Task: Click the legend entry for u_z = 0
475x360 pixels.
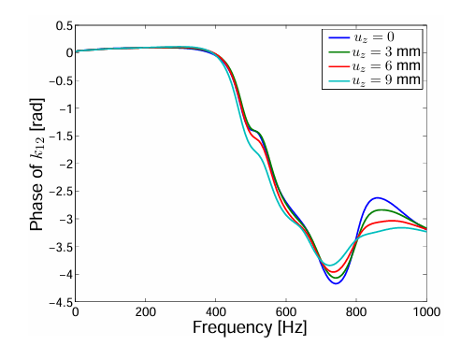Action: (x=362, y=37)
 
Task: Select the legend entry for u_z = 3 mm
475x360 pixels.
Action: (x=374, y=51)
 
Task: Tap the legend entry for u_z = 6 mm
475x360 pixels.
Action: (x=374, y=65)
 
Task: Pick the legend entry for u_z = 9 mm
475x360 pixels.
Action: (x=374, y=80)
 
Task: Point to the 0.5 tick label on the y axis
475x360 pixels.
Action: (x=64, y=25)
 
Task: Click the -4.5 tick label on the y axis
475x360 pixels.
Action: (x=62, y=302)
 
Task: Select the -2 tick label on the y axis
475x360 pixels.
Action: (x=65, y=164)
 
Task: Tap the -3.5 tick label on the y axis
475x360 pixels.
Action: (x=62, y=247)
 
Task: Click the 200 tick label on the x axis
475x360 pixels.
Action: (x=145, y=311)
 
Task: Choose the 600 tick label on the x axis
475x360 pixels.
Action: (x=286, y=311)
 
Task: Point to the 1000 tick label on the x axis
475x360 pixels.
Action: (x=426, y=311)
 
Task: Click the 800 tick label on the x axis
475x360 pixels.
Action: (x=356, y=311)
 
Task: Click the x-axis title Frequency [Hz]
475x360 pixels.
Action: (x=250, y=327)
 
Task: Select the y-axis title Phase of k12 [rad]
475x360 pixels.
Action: (x=36, y=165)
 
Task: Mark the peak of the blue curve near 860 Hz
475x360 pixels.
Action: (x=378, y=197)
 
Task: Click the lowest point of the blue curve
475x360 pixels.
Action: (x=336, y=283)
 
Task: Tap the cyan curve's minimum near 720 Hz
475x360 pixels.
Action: (x=330, y=266)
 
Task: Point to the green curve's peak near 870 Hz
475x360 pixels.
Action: (x=382, y=209)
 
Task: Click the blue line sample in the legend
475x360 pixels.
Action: (x=338, y=37)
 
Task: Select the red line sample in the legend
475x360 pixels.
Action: (x=338, y=66)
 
